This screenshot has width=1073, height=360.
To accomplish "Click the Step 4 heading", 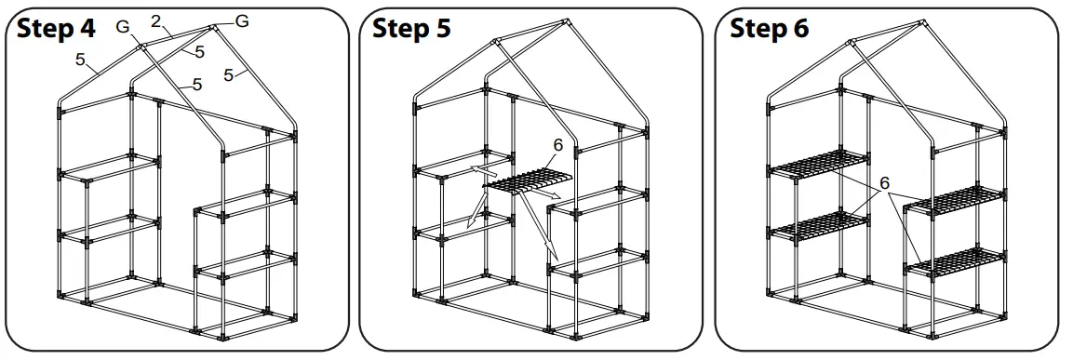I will click(56, 29).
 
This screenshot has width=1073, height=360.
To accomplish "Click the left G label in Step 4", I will click(122, 27).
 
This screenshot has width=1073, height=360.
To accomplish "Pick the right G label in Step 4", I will click(241, 20).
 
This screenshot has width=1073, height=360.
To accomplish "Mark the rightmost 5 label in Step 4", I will click(229, 74).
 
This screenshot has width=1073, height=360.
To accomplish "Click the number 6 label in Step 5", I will click(557, 145).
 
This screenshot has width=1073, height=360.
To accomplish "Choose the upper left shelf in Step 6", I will click(818, 162).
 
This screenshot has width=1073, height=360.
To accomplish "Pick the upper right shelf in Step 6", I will click(956, 200).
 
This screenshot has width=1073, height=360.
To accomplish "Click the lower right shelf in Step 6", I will click(956, 261).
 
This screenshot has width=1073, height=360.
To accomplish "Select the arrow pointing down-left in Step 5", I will click(475, 215).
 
